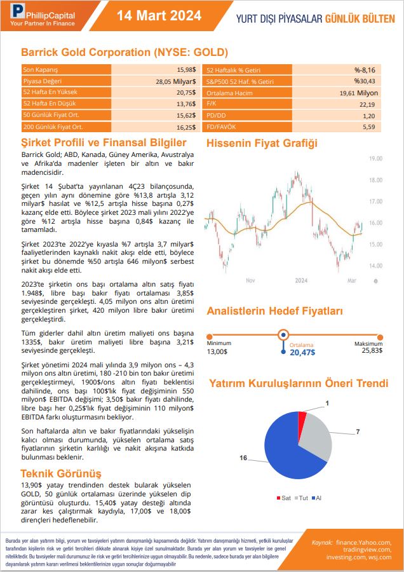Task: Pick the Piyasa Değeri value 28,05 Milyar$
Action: point(175,81)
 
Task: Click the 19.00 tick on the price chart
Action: point(375,158)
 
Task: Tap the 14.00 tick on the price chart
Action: point(375,266)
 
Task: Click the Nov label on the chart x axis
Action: point(250,280)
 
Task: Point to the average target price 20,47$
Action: point(302,352)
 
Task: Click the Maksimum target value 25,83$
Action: point(372,350)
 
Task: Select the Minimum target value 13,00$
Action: point(217,351)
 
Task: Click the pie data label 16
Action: point(243,458)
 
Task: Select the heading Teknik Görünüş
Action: point(61,473)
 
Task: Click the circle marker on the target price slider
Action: point(284,334)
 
